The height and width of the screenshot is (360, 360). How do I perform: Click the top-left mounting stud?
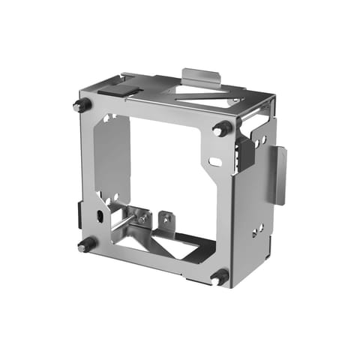78,105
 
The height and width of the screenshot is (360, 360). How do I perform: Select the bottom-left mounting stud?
85,244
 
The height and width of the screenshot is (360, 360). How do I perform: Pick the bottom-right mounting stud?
220,276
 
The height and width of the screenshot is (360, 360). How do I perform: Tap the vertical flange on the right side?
280,174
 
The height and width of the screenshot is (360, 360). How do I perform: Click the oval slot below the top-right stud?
215,161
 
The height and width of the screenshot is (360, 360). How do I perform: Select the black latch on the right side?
242,154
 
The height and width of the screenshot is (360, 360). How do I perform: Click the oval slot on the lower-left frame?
99,217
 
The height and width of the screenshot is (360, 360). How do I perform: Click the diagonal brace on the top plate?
202,95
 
